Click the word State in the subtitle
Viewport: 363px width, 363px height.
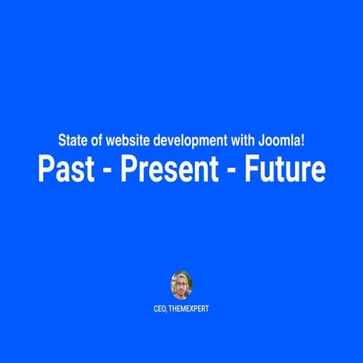coord(71,141)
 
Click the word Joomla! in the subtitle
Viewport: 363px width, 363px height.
coord(282,141)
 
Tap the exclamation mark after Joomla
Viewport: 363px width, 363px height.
coord(303,141)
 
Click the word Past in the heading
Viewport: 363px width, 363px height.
coord(67,169)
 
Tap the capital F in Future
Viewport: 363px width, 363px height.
coord(250,169)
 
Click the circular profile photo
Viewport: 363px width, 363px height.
coord(181,284)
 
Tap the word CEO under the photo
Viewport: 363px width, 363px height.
coord(160,309)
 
